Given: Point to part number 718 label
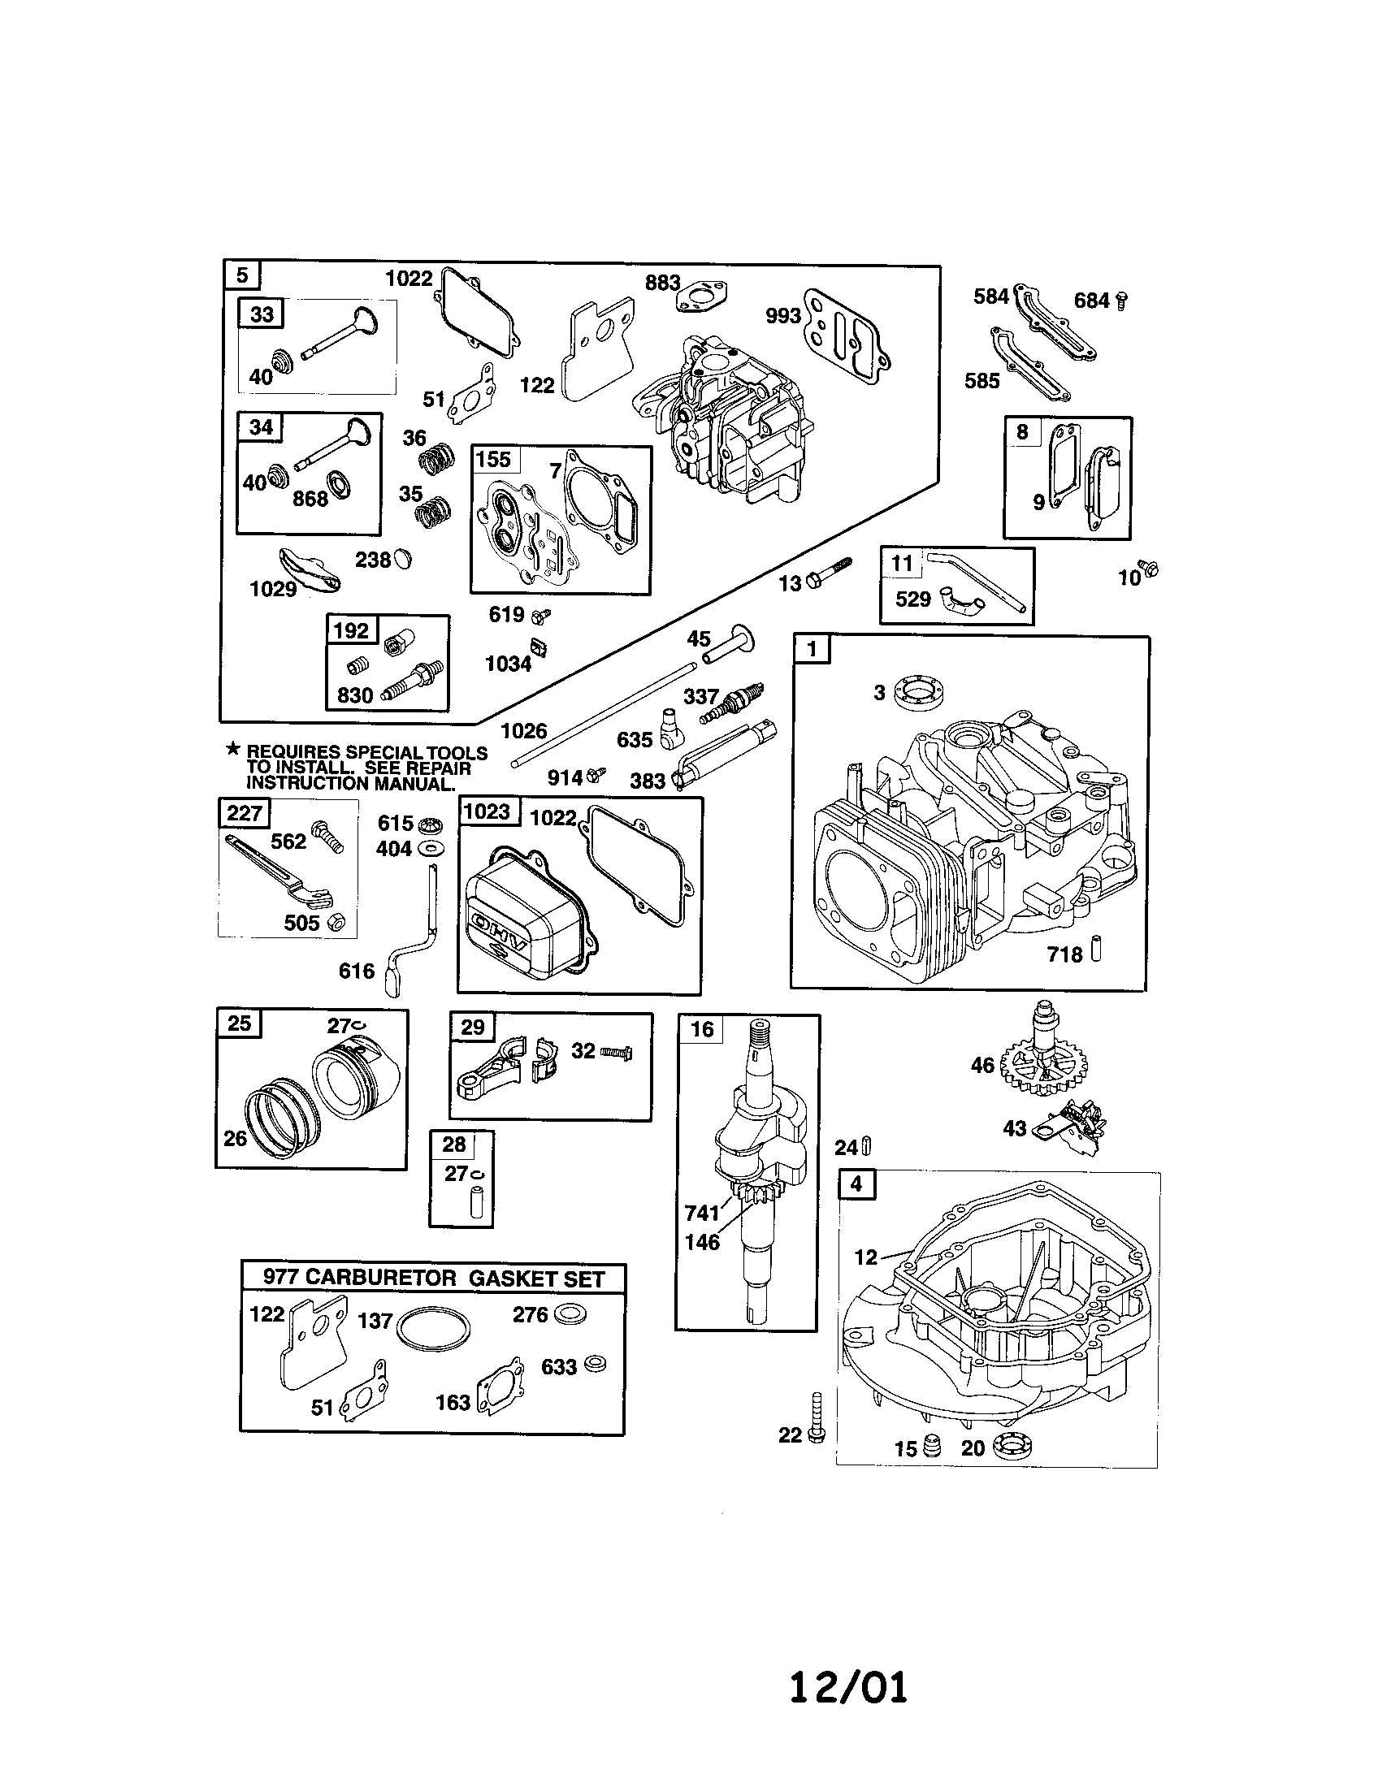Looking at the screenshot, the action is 1064,954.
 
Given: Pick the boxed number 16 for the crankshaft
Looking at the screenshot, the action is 702,1029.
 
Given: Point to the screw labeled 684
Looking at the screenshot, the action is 1122,301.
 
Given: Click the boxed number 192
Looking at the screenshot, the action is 352,630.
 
